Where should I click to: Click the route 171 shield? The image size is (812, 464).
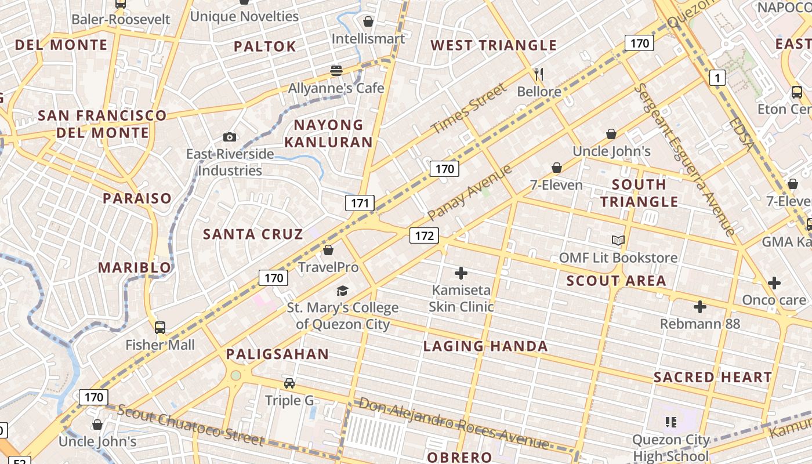click(360, 203)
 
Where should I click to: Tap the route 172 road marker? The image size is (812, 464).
click(424, 235)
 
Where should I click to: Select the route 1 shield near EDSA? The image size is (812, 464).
click(717, 78)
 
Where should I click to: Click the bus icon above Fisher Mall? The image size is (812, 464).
click(160, 328)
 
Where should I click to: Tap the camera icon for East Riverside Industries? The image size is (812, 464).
click(230, 137)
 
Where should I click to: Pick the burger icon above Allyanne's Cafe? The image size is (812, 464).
click(336, 71)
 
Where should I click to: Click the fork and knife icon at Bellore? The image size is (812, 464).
click(539, 74)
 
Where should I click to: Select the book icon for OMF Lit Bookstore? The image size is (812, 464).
click(618, 240)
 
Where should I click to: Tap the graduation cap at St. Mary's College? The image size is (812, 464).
click(343, 291)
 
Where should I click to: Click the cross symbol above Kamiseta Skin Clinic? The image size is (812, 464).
click(461, 273)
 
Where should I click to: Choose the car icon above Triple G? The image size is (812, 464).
click(289, 383)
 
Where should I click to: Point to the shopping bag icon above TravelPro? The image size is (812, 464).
click(328, 250)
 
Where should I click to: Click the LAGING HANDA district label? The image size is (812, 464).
click(485, 346)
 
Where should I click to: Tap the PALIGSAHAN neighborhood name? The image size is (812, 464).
click(277, 354)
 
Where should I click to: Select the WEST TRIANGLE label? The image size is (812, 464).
click(494, 45)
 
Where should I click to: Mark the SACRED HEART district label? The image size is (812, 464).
click(713, 377)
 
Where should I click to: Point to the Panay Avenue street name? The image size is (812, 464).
click(470, 193)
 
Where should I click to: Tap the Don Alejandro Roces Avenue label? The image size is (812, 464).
click(454, 423)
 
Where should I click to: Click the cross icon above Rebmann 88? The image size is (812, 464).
click(700, 306)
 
